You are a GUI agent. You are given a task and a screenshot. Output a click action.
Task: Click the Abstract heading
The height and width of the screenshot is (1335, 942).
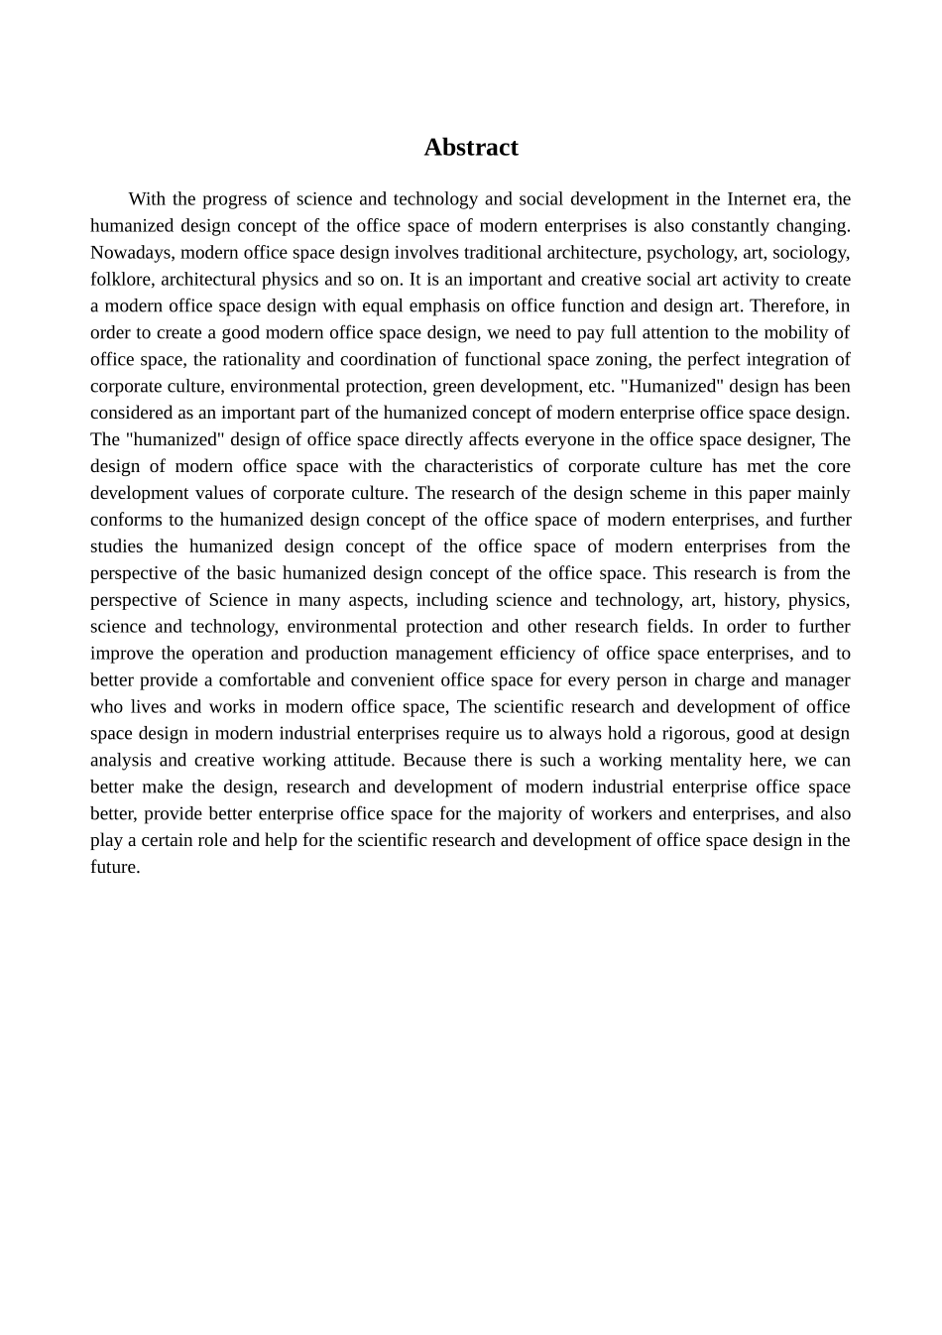471,148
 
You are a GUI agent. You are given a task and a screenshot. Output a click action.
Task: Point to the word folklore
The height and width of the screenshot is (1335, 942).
120,280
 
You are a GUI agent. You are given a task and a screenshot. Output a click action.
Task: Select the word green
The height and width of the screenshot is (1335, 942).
454,387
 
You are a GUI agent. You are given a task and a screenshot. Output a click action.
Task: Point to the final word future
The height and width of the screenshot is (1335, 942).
114,868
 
